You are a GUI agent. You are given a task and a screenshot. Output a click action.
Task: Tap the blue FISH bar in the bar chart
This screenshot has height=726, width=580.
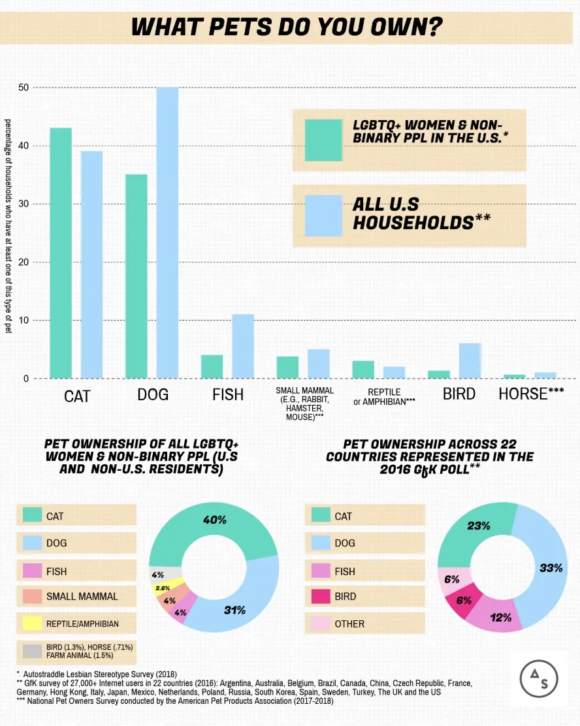pyautogui.click(x=243, y=346)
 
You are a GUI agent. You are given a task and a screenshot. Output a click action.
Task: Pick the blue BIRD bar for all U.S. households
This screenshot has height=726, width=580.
pyautogui.click(x=471, y=360)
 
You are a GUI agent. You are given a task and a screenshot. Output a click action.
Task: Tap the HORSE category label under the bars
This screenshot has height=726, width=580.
pyautogui.click(x=530, y=394)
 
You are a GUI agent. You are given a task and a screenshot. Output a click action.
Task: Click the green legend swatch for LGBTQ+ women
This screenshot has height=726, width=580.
pyautogui.click(x=323, y=140)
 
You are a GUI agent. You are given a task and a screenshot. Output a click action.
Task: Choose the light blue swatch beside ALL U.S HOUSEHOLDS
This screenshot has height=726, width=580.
pyautogui.click(x=323, y=215)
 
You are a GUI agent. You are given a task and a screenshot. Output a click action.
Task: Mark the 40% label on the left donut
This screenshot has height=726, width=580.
pyautogui.click(x=214, y=520)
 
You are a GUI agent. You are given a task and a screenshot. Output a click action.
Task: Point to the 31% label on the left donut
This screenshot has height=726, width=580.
pyautogui.click(x=234, y=610)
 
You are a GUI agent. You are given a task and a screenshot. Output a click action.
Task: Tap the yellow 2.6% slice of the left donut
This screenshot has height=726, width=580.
pyautogui.click(x=163, y=588)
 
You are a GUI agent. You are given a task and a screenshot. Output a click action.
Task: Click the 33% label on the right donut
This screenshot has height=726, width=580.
pyautogui.click(x=551, y=568)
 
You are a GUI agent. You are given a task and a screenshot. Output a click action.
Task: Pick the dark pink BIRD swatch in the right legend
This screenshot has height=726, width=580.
pyautogui.click(x=320, y=596)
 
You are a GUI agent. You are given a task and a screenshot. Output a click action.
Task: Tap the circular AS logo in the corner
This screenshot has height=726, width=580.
pyautogui.click(x=538, y=681)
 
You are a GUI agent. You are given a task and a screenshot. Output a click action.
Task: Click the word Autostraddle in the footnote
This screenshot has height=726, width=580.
pyautogui.click(x=49, y=673)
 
